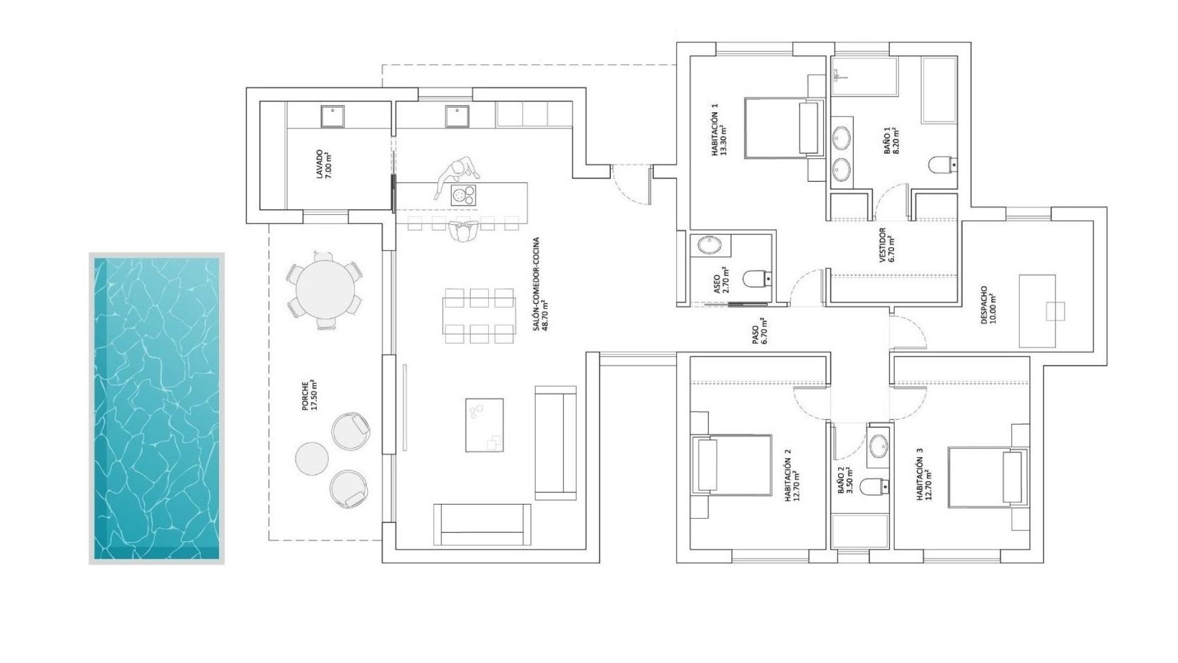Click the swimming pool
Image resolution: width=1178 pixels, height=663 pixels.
(x=156, y=408)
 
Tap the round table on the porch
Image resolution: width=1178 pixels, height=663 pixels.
(x=325, y=289)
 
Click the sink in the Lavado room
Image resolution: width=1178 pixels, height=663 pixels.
(x=332, y=116)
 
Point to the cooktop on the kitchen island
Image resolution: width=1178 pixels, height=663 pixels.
(x=463, y=195)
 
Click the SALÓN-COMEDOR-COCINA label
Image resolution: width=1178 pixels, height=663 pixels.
(x=539, y=284)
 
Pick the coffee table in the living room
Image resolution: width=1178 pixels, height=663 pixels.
(x=484, y=425)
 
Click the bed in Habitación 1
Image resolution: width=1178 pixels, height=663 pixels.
(x=782, y=128)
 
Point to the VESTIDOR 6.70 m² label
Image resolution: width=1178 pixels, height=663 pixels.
(x=887, y=246)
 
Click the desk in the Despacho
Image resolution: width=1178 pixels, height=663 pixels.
(x=1038, y=311)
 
